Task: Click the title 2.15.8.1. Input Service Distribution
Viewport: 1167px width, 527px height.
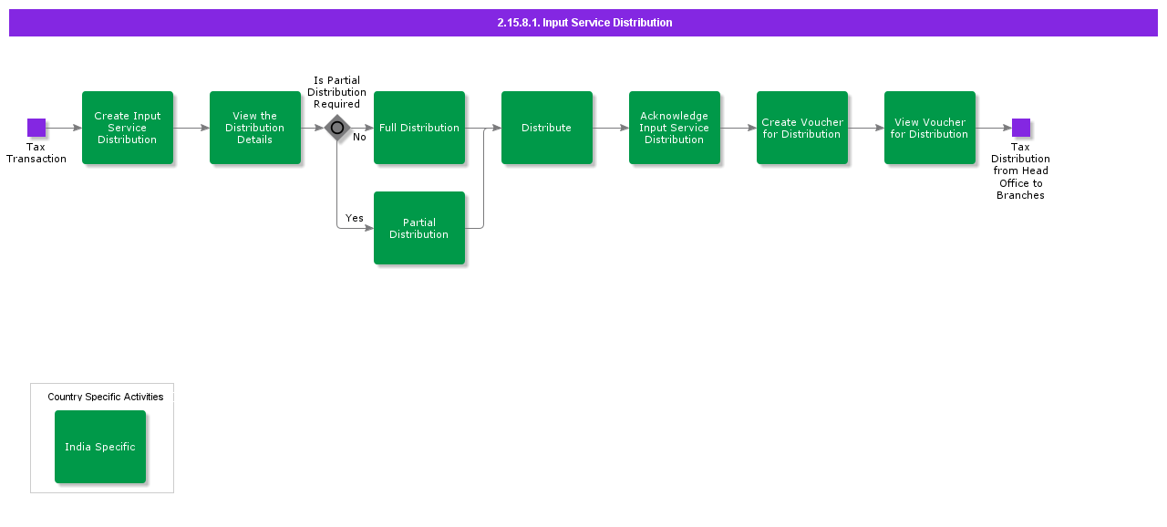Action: click(x=584, y=23)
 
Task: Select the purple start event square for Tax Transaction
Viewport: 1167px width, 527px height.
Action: click(x=36, y=128)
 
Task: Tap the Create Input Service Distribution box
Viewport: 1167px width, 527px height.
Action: click(x=128, y=128)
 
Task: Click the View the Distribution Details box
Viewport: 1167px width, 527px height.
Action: click(x=255, y=128)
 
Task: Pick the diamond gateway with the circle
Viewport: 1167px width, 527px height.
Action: click(x=337, y=128)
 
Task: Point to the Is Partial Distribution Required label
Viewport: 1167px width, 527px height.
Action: click(x=336, y=92)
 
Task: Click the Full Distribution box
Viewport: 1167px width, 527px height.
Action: click(x=419, y=128)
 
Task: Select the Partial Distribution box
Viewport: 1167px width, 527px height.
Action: click(x=419, y=228)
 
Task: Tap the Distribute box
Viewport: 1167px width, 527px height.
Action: click(x=547, y=128)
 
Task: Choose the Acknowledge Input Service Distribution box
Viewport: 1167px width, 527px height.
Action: click(x=675, y=128)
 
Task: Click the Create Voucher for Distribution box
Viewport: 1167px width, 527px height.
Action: click(x=802, y=128)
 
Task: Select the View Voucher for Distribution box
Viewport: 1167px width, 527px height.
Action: click(x=930, y=128)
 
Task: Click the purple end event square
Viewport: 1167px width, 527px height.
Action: click(x=1021, y=128)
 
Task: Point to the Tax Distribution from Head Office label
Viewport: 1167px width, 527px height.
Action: click(x=1020, y=170)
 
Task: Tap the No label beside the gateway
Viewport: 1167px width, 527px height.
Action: click(x=359, y=138)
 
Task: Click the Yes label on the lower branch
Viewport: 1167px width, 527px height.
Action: click(x=355, y=219)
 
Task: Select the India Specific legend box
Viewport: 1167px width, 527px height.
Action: click(x=100, y=447)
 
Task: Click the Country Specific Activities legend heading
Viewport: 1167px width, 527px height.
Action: click(x=106, y=397)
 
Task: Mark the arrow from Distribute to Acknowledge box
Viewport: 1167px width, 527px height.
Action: click(x=611, y=128)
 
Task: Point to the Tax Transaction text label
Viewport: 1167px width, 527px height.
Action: click(x=36, y=153)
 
